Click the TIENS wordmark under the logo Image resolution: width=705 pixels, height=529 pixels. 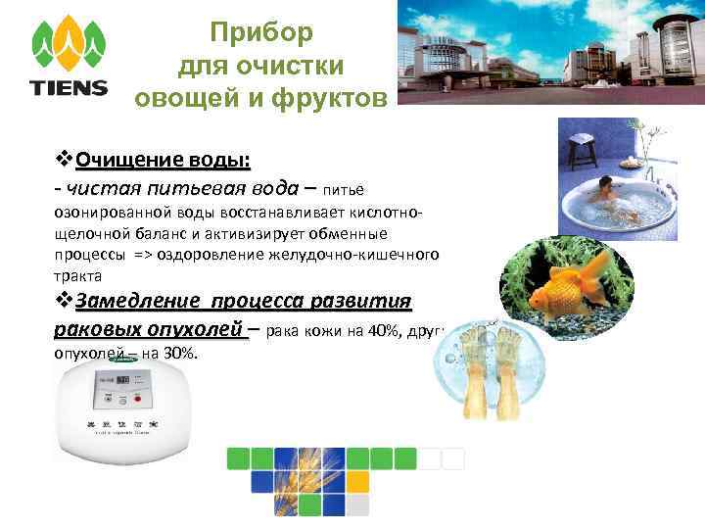[69, 88]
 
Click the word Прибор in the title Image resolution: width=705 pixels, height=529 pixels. [261, 32]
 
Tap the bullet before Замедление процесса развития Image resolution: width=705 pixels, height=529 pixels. [65, 300]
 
